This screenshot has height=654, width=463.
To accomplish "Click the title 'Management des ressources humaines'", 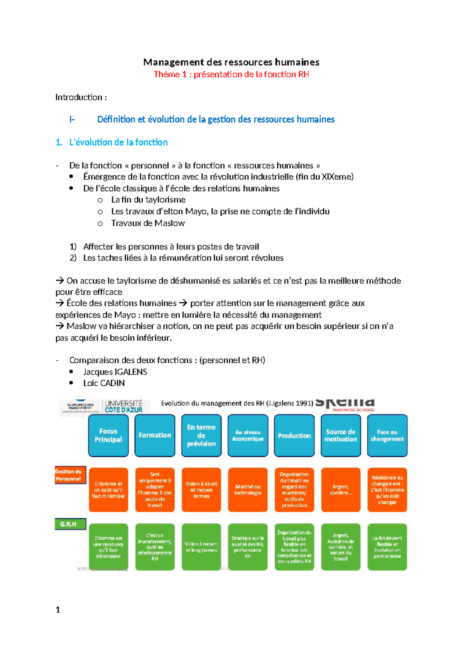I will (x=231, y=62).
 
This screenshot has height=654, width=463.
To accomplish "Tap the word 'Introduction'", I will (x=79, y=97).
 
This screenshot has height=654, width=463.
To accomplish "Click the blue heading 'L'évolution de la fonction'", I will (x=118, y=142).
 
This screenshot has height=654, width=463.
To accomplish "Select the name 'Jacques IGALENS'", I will (x=115, y=372).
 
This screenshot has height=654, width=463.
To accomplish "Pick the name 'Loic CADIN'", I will (x=104, y=383).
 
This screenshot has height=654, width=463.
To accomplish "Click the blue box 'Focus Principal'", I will (x=108, y=435).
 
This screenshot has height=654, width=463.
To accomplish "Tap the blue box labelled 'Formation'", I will (x=155, y=435).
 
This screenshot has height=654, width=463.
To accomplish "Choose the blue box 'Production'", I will (x=294, y=435).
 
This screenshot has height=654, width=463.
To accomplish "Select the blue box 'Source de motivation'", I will (x=341, y=435).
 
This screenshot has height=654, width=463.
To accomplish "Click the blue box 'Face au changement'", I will (x=387, y=435).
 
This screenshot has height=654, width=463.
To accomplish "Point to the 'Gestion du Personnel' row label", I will (x=69, y=475).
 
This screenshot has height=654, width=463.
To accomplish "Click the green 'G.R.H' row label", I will (x=69, y=524).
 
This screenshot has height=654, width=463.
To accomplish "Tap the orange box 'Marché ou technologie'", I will (x=248, y=490).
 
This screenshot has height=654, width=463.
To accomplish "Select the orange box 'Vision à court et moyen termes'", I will (x=201, y=490).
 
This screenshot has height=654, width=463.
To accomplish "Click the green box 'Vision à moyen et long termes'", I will (x=201, y=547).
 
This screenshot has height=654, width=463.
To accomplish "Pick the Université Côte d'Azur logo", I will (x=123, y=406).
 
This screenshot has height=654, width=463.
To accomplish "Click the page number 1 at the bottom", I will (x=58, y=610).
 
